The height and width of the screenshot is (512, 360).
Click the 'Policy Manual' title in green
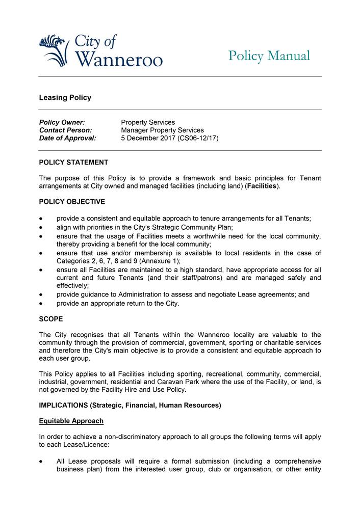269,56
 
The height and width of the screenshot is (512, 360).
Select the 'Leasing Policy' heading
65,98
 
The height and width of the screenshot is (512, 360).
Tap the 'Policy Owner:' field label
62,122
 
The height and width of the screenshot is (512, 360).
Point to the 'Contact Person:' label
66,130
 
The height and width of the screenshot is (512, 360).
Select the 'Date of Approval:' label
68,138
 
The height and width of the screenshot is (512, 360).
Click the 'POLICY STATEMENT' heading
73,163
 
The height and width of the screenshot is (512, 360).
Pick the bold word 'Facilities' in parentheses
261,186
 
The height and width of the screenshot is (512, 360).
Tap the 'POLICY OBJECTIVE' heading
72,202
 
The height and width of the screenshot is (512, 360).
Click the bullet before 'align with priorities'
41,228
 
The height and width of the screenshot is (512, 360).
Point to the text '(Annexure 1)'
160,261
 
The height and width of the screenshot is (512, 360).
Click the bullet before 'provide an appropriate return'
41,304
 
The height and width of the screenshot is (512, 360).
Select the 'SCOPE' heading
51,319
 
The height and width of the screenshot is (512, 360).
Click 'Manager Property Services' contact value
162,130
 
